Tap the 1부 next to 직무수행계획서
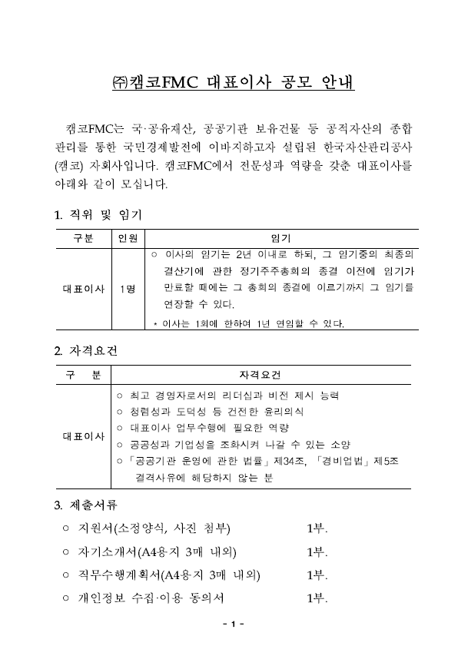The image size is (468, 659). (317, 575)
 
